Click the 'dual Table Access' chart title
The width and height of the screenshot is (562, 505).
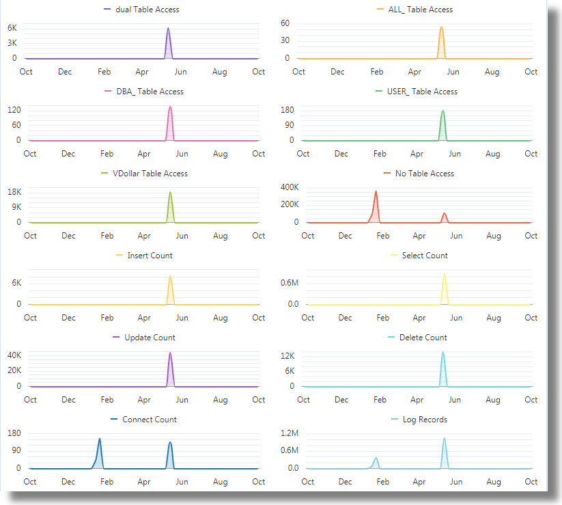pos(147,10)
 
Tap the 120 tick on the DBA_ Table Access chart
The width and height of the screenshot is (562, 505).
pos(14,110)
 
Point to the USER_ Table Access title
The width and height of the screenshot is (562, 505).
pos(422,92)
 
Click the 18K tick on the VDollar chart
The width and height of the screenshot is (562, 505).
pos(14,192)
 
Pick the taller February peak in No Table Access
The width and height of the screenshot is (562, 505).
pos(376,192)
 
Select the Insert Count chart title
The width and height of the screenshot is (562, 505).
pos(150,256)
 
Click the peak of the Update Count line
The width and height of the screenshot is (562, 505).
pos(170,353)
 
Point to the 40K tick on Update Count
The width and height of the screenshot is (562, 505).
pos(14,355)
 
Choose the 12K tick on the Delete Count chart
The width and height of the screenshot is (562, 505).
pos(287,356)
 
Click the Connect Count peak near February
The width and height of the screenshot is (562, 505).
pos(100,439)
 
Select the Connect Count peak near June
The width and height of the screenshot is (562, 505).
pos(170,443)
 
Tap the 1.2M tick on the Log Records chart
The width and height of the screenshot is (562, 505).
pos(290,433)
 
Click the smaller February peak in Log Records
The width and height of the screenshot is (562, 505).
pos(376,459)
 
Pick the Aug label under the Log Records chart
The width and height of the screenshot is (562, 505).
pos(494,482)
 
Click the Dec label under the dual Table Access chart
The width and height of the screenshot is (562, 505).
pos(65,72)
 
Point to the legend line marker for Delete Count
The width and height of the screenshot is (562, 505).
pos(391,338)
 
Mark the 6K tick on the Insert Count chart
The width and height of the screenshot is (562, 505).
pos(15,283)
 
